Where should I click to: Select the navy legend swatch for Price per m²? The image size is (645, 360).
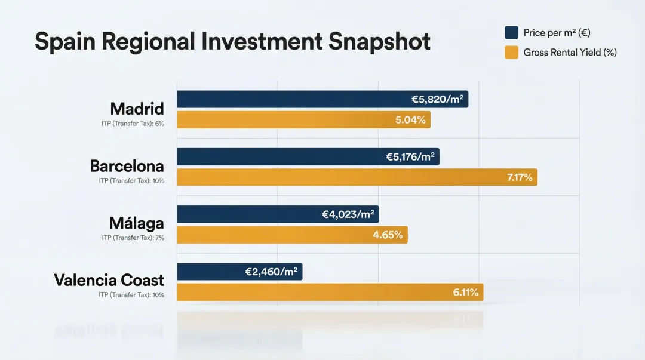pos(511,32)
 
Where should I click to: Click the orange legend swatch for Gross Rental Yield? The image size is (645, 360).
pos(511,53)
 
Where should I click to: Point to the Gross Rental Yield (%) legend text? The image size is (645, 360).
pos(570,53)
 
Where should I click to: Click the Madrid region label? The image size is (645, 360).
pos(137,109)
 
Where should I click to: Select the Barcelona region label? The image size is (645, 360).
pos(127,165)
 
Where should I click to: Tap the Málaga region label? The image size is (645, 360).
pos(136,223)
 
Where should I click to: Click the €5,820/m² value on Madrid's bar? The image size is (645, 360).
pos(437,100)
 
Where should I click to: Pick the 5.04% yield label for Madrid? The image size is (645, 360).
pos(410,120)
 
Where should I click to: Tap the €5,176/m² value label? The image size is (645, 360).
pos(410,157)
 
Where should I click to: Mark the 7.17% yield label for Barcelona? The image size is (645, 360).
pos(519,177)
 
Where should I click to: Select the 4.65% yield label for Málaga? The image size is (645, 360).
pos(388,235)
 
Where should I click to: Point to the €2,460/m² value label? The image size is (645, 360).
pos(271,272)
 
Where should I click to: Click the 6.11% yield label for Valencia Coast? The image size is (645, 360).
pos(465,292)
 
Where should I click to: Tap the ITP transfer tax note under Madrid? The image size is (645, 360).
pos(133,123)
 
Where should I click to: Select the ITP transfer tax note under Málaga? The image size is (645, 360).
pos(133,238)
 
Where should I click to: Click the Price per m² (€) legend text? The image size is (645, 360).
pos(557,32)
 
